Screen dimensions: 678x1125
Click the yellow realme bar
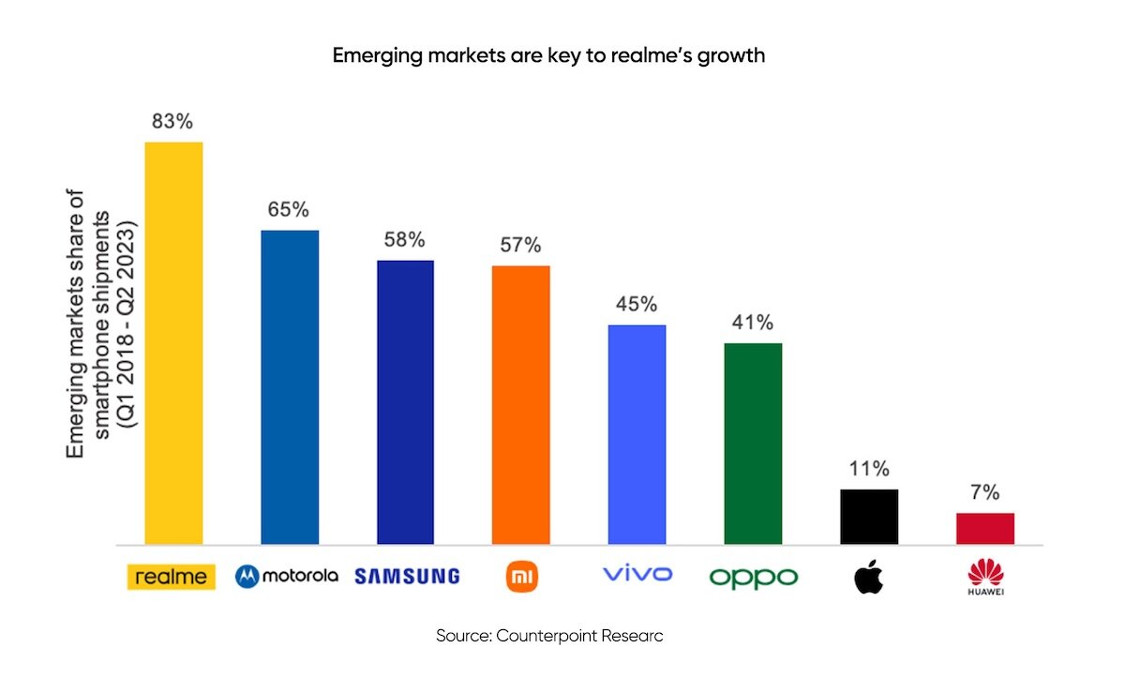point(173,343)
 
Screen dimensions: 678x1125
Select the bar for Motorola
point(290,386)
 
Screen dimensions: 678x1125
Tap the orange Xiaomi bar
point(520,404)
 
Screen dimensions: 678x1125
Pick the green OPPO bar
point(753,443)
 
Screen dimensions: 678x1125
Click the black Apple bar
point(869,516)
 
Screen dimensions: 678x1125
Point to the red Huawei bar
point(984,528)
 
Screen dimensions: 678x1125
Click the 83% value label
point(173,122)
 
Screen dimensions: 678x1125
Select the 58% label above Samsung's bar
point(405,240)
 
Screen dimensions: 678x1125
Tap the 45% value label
point(637,305)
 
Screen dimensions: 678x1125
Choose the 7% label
point(984,492)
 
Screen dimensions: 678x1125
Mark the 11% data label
point(869,469)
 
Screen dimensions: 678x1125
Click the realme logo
point(172,577)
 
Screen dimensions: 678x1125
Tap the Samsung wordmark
point(407,576)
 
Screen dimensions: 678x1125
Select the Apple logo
point(868,577)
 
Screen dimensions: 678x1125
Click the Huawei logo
point(984,577)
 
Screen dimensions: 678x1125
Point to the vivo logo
point(637,574)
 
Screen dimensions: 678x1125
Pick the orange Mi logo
point(521,576)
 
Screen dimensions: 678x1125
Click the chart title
point(549,55)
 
